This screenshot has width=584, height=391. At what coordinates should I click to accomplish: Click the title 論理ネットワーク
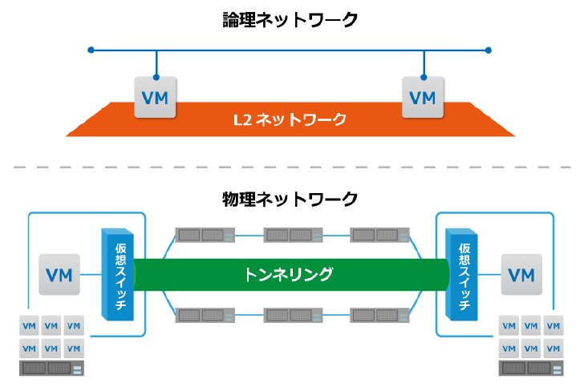(290, 20)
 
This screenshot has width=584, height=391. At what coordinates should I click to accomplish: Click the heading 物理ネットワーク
(290, 199)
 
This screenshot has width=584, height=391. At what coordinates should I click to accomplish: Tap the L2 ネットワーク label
(290, 119)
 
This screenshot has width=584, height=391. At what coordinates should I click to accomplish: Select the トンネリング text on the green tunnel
(288, 274)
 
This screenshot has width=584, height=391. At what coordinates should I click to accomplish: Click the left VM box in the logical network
(155, 98)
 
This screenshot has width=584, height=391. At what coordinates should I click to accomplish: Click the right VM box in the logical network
(423, 98)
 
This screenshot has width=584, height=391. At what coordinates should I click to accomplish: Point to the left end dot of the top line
(91, 50)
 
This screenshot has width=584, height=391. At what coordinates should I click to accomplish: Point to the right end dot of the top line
(489, 50)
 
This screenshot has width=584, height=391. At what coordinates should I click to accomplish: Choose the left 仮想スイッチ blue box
(118, 275)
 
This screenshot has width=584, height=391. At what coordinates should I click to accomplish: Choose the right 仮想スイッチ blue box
(461, 275)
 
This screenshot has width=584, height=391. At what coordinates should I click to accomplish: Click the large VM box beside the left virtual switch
(59, 275)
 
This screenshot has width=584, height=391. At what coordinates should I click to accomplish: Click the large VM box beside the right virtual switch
(521, 275)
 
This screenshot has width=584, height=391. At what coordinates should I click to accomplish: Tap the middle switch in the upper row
(293, 235)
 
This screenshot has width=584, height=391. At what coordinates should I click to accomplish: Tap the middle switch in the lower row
(293, 316)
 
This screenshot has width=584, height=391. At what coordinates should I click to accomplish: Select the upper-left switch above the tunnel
(205, 235)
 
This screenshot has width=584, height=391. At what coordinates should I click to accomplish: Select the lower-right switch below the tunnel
(380, 316)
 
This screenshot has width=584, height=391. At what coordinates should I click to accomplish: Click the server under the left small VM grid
(52, 369)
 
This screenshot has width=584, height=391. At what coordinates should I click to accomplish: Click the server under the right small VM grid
(531, 369)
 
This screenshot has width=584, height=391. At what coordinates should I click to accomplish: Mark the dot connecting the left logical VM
(156, 78)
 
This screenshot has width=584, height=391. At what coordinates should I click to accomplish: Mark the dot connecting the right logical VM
(424, 78)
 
